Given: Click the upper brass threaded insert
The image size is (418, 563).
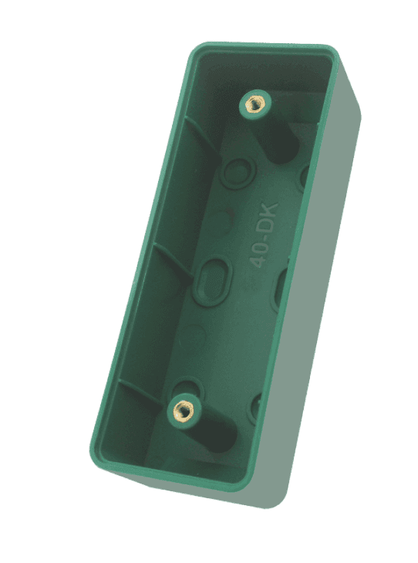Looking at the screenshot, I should click(252, 106).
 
